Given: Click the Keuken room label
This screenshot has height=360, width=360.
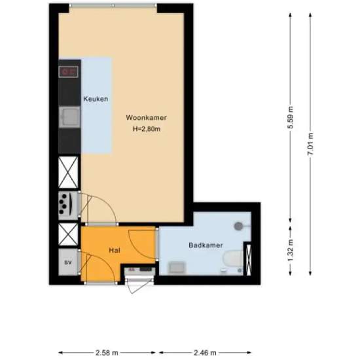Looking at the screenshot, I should [96, 99].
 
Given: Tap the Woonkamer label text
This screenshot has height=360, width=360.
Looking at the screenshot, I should [147, 118].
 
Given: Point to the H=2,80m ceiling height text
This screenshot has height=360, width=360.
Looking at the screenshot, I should [147, 129].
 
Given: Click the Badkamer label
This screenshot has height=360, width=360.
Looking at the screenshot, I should [206, 245].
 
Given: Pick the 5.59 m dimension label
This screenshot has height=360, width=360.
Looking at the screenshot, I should [290, 118].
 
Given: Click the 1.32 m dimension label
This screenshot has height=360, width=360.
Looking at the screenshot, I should [290, 249].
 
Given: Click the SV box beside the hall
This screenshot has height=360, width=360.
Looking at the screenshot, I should [68, 262].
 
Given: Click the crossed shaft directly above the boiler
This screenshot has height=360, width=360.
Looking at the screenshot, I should [68, 172].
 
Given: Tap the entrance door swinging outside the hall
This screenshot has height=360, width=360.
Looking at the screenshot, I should [135, 283].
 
